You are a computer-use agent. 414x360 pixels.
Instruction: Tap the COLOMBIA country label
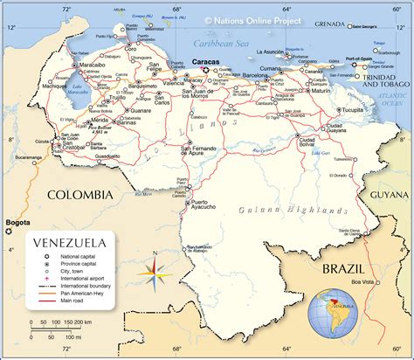tap(81, 194)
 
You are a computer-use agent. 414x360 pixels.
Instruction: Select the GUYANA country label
tap(389, 194)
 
